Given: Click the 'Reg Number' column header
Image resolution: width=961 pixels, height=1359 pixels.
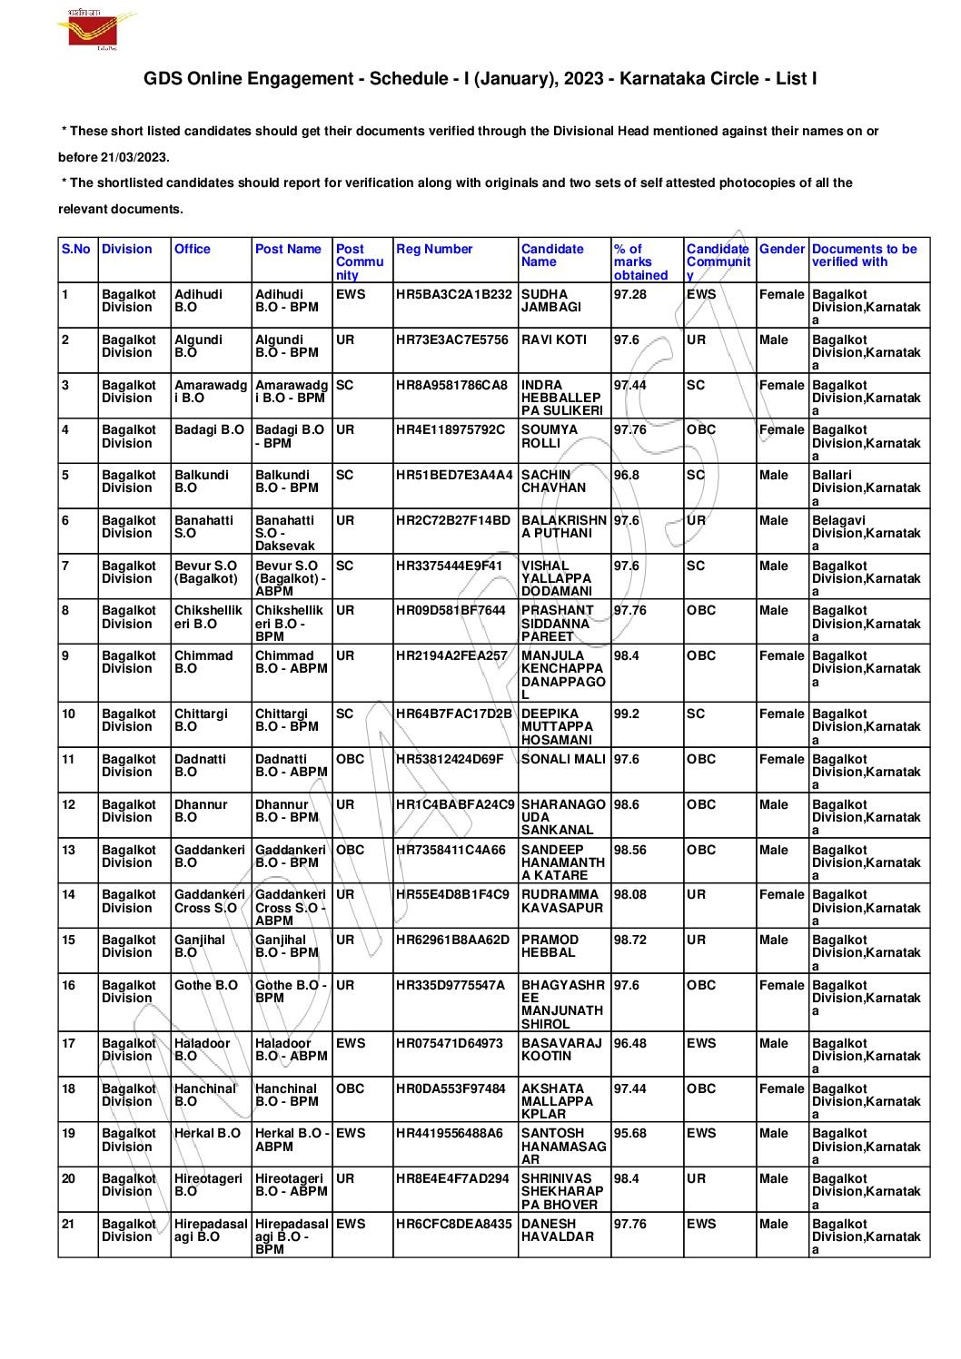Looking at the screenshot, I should (x=434, y=249).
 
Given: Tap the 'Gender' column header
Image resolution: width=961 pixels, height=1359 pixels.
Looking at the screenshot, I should (x=781, y=249).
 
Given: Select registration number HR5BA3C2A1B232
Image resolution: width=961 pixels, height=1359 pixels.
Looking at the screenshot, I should (x=454, y=294).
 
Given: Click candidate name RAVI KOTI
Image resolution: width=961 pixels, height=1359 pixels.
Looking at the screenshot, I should (x=554, y=340).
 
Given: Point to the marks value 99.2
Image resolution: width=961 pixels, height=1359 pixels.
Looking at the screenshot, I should (x=627, y=714).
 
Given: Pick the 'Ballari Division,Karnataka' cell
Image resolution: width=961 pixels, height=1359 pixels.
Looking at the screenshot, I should (x=866, y=487).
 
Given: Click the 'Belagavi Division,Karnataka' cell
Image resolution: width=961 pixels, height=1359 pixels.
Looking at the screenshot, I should (x=866, y=533).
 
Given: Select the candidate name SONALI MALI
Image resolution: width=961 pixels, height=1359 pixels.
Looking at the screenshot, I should (x=563, y=759).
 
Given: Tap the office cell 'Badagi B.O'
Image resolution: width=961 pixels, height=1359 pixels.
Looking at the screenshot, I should (x=209, y=429).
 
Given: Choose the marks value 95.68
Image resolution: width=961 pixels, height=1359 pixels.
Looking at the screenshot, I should (x=630, y=1133).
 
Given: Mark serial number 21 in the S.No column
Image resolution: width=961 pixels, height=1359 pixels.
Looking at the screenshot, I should (x=69, y=1224).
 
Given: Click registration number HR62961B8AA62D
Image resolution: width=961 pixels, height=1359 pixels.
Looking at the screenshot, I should (x=453, y=940).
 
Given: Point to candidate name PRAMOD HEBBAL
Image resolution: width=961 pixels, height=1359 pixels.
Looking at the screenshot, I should (x=550, y=946).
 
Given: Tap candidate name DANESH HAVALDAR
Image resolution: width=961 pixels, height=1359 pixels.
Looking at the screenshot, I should (x=558, y=1230).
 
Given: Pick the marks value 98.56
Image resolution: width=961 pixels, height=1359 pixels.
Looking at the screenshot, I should (x=630, y=850).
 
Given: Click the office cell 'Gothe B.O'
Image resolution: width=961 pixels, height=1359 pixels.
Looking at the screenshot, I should (x=206, y=985).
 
